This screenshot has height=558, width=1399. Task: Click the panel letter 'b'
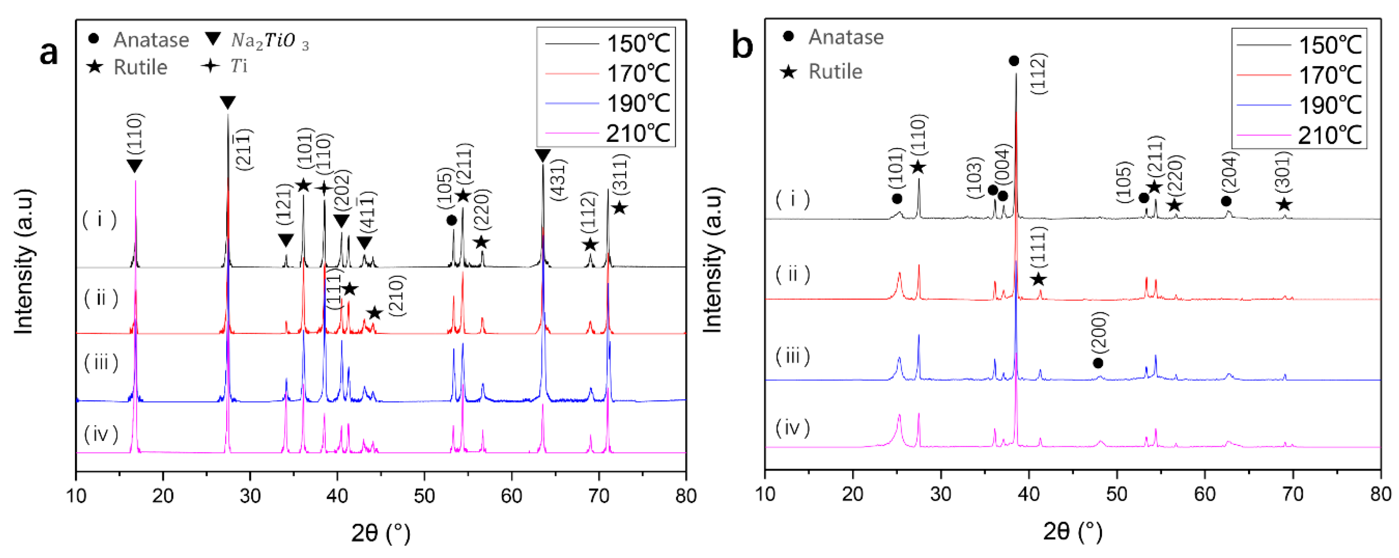[x=742, y=46]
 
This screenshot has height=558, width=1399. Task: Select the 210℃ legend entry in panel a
[x=638, y=133]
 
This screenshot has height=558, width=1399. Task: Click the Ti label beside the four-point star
[x=239, y=66]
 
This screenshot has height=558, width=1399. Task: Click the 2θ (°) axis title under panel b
[x=1073, y=531]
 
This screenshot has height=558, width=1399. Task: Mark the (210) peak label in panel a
[x=397, y=296]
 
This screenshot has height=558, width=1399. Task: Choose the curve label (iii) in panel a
[x=101, y=362]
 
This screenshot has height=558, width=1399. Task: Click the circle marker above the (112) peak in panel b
[x=1013, y=61]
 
